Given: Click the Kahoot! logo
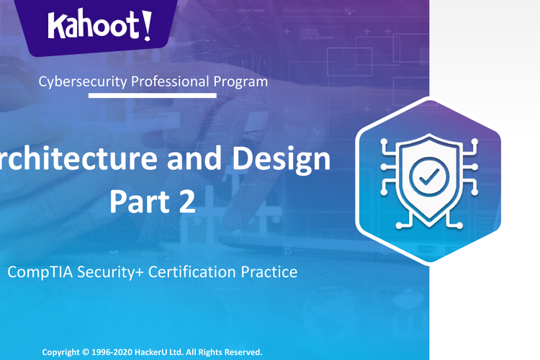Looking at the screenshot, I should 100,26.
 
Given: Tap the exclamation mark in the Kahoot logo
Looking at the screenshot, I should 146,24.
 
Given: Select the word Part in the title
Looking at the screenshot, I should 137,201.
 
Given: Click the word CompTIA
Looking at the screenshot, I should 37,272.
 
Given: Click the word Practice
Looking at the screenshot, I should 270,272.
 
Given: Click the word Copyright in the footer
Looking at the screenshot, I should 65,353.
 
